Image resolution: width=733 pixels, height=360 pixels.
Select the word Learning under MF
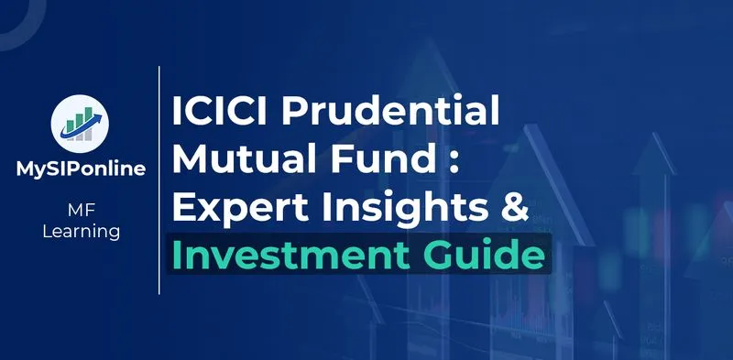tap(81, 233)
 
